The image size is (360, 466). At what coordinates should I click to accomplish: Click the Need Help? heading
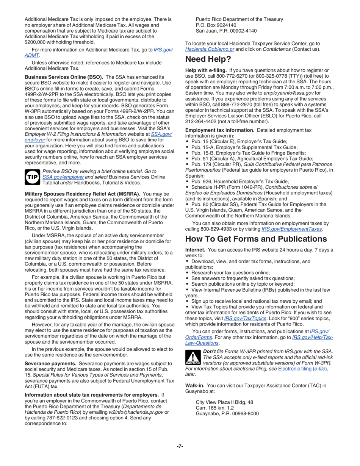point(208,59)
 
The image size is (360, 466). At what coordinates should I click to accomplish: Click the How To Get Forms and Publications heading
point(256,239)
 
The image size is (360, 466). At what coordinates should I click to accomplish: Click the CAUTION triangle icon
point(193,357)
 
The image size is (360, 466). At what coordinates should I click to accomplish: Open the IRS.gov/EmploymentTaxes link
point(292,229)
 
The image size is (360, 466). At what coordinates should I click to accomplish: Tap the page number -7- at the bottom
point(180,446)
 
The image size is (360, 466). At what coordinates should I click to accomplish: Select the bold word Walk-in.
point(195,386)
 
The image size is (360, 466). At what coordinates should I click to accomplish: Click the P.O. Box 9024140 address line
point(216,25)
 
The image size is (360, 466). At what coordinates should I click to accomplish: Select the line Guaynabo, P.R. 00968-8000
point(227,414)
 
